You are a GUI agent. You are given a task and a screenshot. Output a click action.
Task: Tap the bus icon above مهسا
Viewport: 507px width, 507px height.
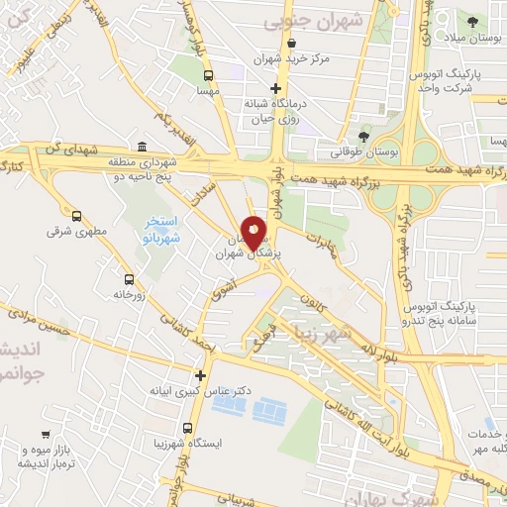point(207,74)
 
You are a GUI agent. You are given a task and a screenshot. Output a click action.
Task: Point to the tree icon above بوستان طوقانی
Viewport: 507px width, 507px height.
point(364,137)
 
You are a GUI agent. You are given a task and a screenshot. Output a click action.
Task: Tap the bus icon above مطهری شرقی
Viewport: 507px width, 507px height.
point(76,215)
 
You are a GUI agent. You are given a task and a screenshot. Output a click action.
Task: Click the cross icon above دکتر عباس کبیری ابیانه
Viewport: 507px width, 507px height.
point(201,375)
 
